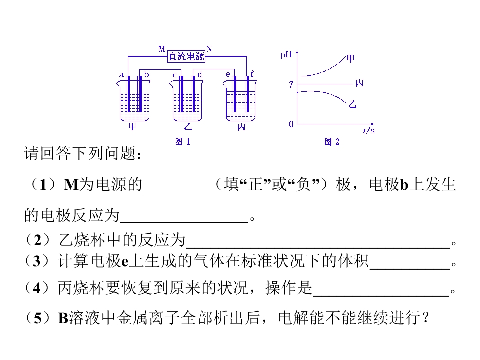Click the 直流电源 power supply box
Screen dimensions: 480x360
(186, 56)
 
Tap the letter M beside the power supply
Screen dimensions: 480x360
(162, 49)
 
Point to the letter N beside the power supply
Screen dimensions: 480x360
(209, 48)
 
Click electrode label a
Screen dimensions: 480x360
(121, 75)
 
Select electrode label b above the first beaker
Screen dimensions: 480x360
(146, 74)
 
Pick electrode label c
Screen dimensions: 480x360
(175, 75)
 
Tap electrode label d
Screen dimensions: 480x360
(200, 74)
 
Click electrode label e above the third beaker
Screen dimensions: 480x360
(228, 74)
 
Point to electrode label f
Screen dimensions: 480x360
(252, 74)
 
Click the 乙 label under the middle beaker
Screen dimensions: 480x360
(188, 126)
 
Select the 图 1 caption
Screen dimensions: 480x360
(183, 141)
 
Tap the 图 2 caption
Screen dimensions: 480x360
(332, 141)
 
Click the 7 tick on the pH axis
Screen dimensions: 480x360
(291, 85)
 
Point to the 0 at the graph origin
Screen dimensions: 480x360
(291, 124)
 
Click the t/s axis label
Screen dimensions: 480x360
(369, 130)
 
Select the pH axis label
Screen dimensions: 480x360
(286, 55)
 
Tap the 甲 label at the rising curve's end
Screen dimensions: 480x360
(351, 58)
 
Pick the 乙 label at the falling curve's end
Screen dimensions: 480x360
(352, 104)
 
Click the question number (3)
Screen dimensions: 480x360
(36, 261)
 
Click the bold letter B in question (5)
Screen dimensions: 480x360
(63, 318)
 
